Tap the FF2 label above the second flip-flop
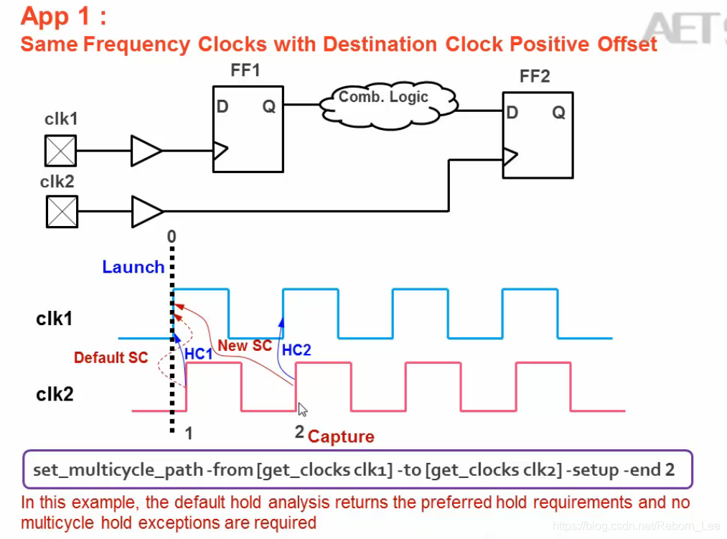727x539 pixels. pyautogui.click(x=535, y=77)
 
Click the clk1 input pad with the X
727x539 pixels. pyautogui.click(x=61, y=151)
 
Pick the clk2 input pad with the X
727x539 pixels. pyautogui.click(x=62, y=212)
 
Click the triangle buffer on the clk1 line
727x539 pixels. pyautogui.click(x=146, y=151)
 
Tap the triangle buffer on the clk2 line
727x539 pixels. pyautogui.click(x=147, y=212)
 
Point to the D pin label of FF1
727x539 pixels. pyautogui.click(x=222, y=107)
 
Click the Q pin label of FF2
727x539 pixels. pyautogui.click(x=558, y=112)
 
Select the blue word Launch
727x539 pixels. pyautogui.click(x=133, y=267)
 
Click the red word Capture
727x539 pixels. pyautogui.click(x=341, y=436)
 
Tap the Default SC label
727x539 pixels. pyautogui.click(x=111, y=357)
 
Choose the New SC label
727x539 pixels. pyautogui.click(x=245, y=346)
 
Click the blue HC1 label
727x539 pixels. pyautogui.click(x=198, y=355)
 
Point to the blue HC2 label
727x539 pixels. pyautogui.click(x=296, y=350)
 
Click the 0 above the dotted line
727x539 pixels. pyautogui.click(x=171, y=236)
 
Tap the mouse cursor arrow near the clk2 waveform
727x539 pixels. pyautogui.click(x=302, y=409)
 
